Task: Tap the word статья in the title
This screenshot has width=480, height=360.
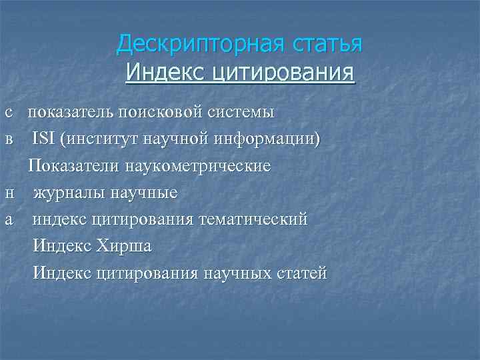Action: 327,44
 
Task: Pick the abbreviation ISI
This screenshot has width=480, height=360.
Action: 43,139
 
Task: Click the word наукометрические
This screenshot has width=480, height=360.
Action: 193,166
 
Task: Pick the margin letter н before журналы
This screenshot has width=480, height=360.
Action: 9,193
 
